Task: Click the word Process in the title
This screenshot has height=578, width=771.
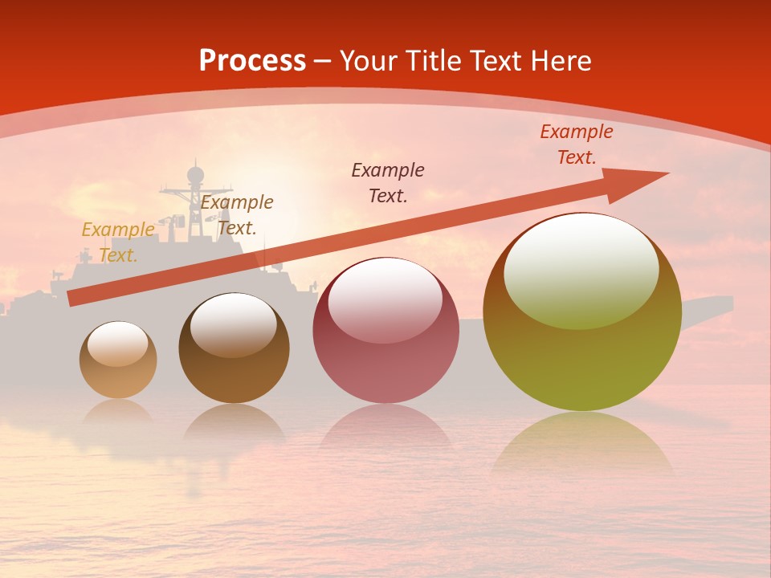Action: point(252,61)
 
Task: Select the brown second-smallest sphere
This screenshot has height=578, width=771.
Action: point(234,349)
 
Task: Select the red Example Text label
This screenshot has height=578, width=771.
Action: point(576,144)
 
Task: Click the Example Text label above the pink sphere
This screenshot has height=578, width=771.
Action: point(388,183)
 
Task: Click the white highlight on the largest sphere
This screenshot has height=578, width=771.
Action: point(581,269)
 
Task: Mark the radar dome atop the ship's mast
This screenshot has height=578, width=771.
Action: point(195,173)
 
